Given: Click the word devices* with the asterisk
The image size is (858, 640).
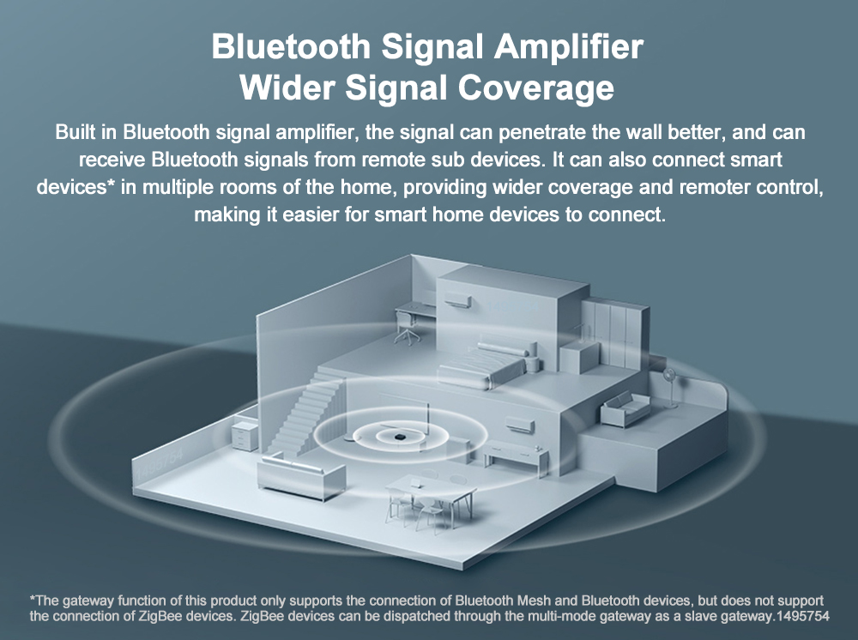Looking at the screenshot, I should coord(76,188).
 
